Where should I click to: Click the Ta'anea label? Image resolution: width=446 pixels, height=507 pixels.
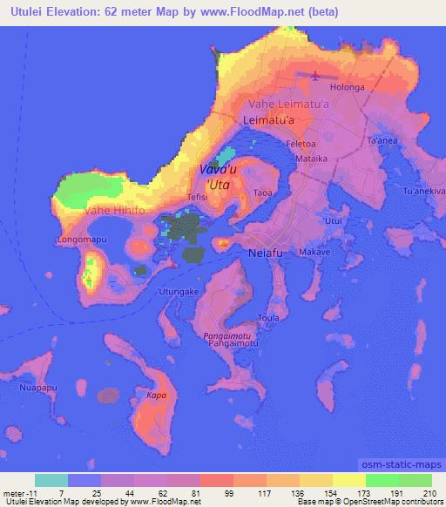tap(382, 140)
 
